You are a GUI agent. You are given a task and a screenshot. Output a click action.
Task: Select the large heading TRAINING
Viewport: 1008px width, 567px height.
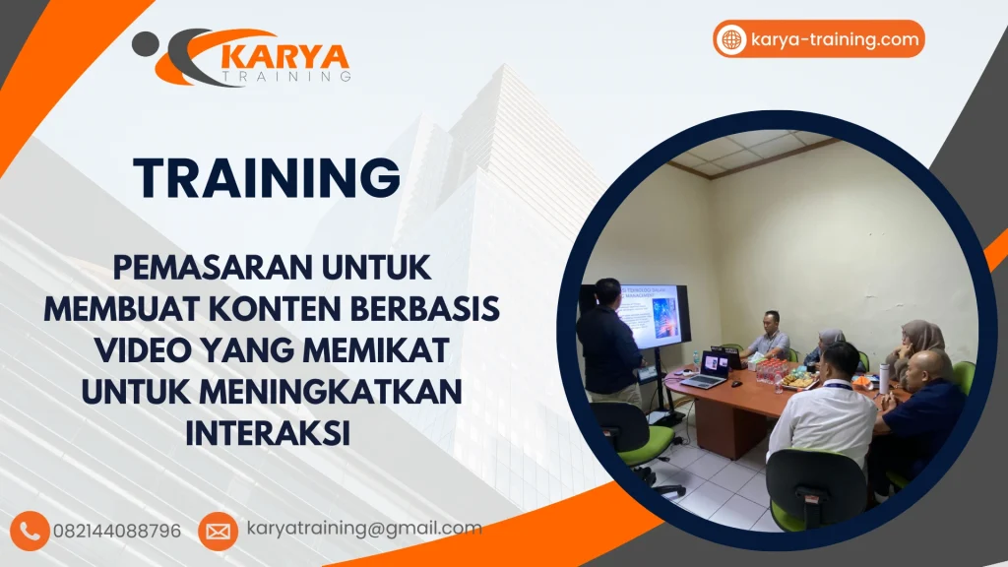[267, 178]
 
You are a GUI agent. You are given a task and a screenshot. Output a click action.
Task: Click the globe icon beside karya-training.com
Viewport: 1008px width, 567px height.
[732, 39]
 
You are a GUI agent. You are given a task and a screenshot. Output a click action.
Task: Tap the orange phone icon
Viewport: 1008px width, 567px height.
[31, 531]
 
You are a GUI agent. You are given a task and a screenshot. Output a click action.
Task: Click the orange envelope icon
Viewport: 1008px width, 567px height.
[218, 531]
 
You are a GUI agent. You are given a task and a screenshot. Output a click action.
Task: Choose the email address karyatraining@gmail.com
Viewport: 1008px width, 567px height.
[364, 529]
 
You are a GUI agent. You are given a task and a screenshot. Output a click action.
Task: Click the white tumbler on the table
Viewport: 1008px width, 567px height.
[884, 378]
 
